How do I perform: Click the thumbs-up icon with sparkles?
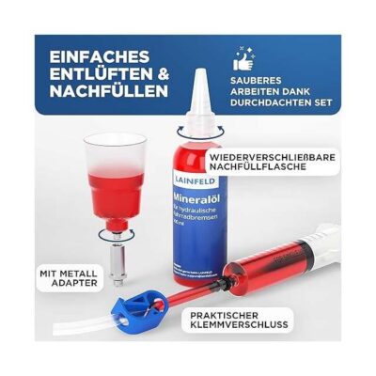click(248, 62)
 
